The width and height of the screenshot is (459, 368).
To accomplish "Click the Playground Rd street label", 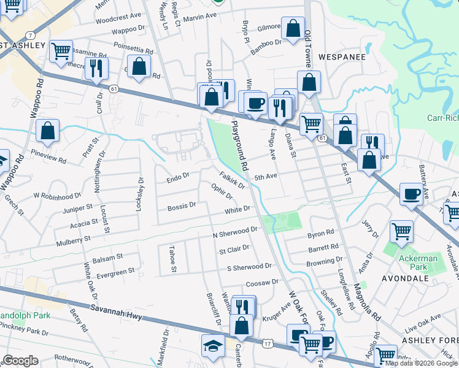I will (240, 145).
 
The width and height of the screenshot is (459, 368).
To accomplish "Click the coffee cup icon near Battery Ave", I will (411, 194).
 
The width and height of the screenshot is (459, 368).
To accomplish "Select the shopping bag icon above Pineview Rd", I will (47, 131).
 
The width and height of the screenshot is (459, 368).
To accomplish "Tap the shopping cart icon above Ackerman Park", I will (401, 231).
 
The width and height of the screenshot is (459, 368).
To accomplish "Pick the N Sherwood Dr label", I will (234, 232).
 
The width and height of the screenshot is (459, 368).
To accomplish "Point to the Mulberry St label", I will (73, 238).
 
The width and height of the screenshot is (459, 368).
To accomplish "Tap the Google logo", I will (21, 361).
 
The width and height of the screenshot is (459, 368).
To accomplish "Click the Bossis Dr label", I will (182, 205).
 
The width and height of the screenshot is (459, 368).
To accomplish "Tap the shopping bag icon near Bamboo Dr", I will (293, 28).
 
